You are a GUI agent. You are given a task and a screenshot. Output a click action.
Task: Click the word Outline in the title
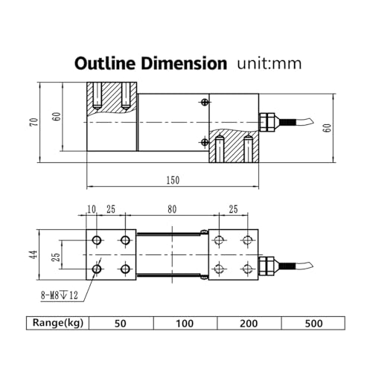click(x=106, y=63)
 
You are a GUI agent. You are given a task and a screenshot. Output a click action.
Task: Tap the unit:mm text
click(x=269, y=63)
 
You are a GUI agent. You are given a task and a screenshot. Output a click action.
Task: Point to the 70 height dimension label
click(x=34, y=122)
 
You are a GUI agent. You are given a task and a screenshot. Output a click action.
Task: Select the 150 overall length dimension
click(x=173, y=180)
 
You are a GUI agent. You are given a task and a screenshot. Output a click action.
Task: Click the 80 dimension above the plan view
click(x=172, y=209)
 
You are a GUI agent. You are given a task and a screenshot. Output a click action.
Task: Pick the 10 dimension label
click(x=92, y=209)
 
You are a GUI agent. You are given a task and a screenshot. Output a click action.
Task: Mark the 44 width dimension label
click(x=34, y=254)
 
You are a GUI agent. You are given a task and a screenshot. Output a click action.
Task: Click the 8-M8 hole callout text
click(x=60, y=295)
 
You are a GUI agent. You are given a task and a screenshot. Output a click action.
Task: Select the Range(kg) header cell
click(x=58, y=323)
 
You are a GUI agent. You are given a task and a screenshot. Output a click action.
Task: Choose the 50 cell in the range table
click(x=121, y=323)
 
